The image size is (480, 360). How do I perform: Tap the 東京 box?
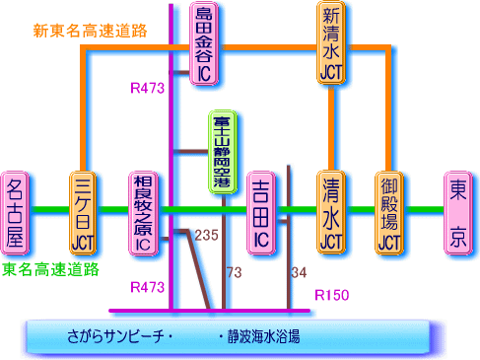(x=458, y=212)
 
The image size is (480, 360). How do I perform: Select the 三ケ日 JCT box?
(x=82, y=213)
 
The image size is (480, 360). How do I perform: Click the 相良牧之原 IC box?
(x=144, y=213)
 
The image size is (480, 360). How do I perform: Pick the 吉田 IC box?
(x=261, y=213)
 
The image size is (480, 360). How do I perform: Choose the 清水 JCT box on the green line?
(x=332, y=213)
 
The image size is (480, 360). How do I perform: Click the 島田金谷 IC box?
(x=204, y=40)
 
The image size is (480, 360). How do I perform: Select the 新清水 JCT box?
(x=332, y=40)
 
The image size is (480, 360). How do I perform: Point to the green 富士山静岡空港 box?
(x=220, y=153)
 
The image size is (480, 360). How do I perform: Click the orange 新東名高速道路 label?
(x=90, y=31)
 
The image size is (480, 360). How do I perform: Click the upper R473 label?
(x=147, y=89)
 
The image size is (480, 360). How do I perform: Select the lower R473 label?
(x=147, y=287)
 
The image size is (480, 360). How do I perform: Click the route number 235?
(x=206, y=236)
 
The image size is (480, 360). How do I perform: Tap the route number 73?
(x=234, y=271)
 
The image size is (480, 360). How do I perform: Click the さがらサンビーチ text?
(x=103, y=336)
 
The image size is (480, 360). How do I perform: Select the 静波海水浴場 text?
(x=258, y=336)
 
